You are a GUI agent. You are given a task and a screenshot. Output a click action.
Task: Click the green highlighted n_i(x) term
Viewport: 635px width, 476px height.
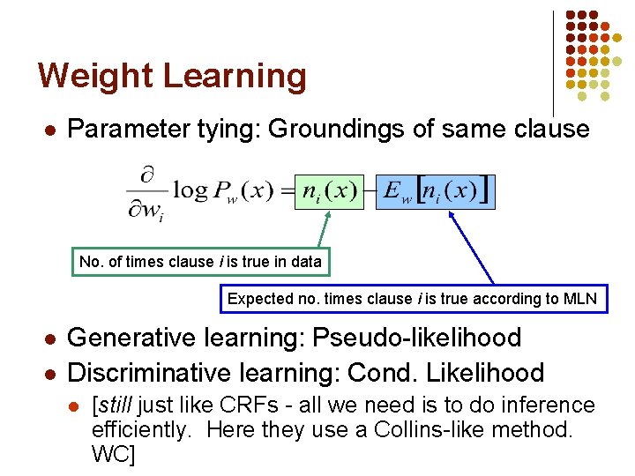pos(329,190)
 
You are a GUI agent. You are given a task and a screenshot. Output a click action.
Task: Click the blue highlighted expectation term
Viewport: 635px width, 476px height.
pos(435,190)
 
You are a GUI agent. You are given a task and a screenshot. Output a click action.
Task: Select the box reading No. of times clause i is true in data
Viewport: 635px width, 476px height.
pos(200,262)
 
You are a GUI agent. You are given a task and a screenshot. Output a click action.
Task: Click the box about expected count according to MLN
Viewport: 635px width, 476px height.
pos(412,299)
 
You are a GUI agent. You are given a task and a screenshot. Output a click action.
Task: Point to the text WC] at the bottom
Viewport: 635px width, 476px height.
pos(114,456)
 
